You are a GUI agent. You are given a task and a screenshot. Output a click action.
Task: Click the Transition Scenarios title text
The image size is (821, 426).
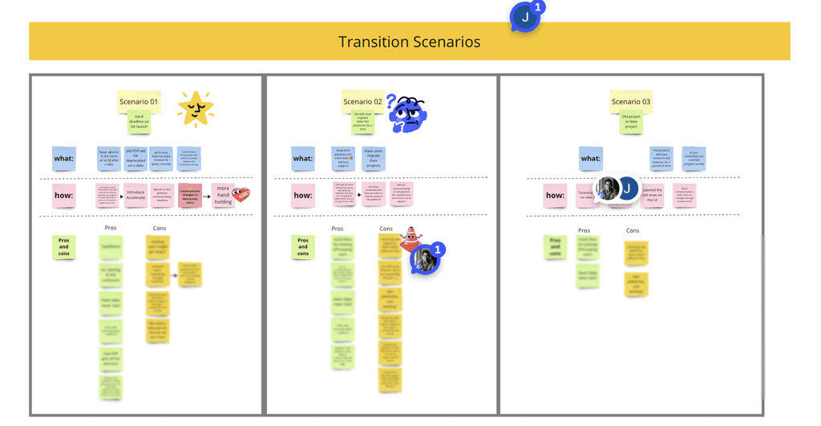click(409, 42)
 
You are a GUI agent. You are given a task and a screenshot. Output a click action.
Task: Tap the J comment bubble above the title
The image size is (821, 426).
click(525, 17)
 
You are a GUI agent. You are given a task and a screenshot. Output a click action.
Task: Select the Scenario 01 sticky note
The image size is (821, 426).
click(139, 102)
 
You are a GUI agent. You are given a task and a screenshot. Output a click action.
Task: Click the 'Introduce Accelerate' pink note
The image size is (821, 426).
click(135, 196)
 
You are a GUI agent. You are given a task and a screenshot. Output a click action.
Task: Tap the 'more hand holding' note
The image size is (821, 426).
click(223, 196)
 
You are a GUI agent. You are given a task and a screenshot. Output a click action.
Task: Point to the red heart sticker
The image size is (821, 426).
click(241, 193)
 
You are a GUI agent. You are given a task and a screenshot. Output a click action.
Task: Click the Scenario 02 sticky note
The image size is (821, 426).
click(362, 102)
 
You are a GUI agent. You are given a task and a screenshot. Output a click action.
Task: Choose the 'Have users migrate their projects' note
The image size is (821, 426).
click(374, 158)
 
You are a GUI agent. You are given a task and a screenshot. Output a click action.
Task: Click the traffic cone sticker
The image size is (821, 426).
click(410, 238)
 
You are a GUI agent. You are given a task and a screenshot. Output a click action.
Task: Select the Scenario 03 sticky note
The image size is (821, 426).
click(630, 102)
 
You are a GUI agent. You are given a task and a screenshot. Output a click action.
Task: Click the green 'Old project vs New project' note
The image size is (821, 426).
click(630, 123)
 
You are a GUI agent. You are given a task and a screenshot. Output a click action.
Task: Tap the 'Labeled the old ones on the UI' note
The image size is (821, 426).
click(652, 196)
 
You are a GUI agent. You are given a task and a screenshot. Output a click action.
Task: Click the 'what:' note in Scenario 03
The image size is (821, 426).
click(591, 158)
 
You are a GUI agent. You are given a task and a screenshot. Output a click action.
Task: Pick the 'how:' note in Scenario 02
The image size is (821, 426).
click(303, 195)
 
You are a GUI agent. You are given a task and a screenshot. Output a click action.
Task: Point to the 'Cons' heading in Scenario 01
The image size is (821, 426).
click(160, 229)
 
